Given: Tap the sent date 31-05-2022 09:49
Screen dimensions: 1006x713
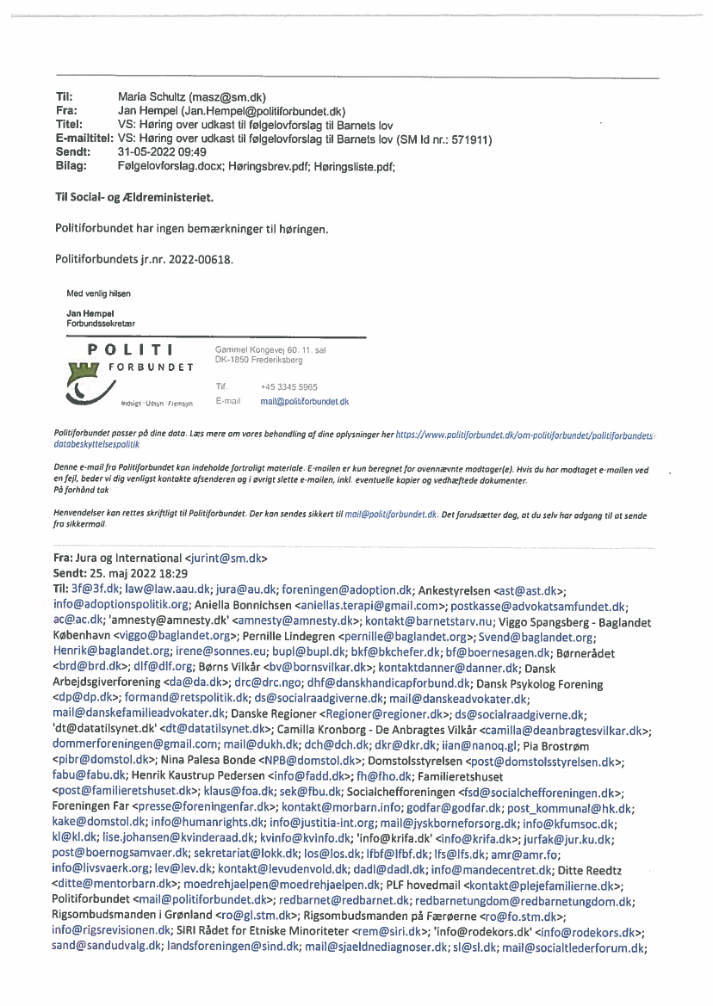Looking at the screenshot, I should click(x=162, y=152).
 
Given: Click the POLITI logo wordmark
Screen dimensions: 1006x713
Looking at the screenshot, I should click(x=132, y=349).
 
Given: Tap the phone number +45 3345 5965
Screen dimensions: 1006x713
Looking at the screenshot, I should click(x=282, y=387).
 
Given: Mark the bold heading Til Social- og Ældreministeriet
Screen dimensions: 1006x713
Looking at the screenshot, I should click(x=133, y=198).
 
